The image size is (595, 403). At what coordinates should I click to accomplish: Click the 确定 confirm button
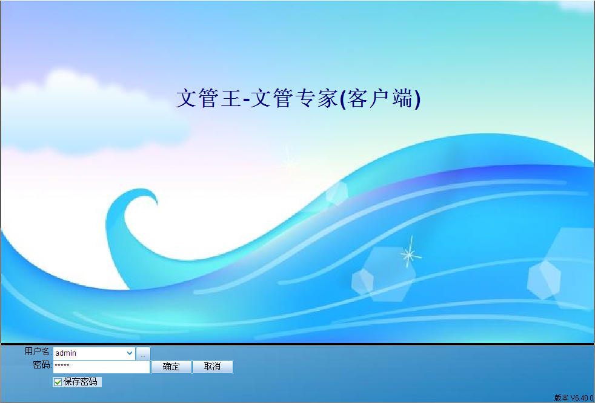point(171,367)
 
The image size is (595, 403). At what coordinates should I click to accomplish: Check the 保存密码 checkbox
point(58,382)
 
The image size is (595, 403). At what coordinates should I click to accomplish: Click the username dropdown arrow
point(130,353)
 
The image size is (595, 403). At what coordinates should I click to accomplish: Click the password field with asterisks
point(101,367)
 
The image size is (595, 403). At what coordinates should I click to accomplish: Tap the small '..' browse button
point(143,354)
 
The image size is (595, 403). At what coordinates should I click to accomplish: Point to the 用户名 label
point(37,351)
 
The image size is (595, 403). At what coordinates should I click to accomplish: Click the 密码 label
point(41,365)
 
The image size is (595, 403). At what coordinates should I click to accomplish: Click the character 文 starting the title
point(187,98)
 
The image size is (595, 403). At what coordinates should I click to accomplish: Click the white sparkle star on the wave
point(410,255)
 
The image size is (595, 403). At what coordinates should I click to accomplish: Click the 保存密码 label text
point(81,382)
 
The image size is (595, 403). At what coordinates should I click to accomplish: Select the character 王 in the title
point(230,99)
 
